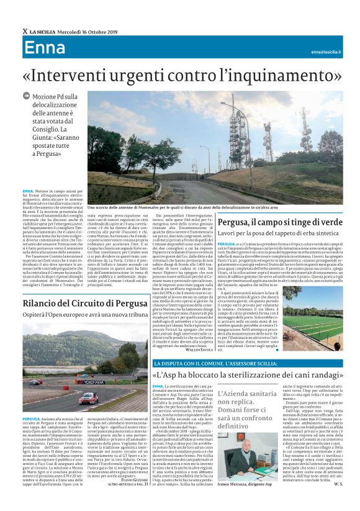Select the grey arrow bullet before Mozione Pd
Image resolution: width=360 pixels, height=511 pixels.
[25, 96]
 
